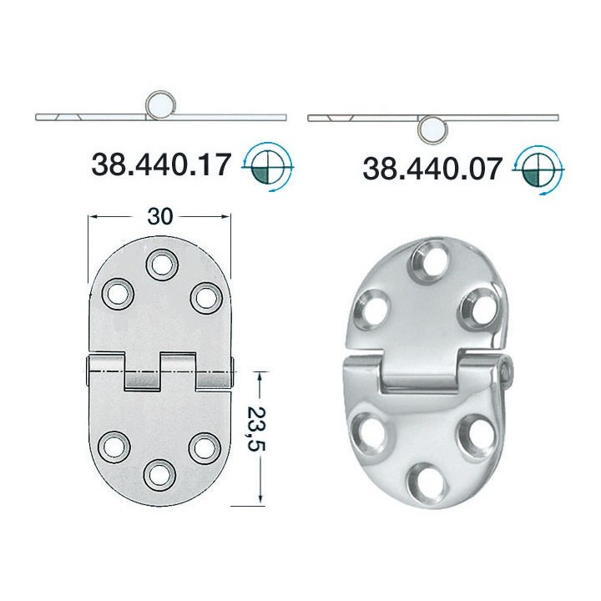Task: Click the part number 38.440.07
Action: point(432,169)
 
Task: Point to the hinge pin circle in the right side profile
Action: point(432,129)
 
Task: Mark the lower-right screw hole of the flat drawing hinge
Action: point(202,446)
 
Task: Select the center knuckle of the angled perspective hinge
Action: point(418,371)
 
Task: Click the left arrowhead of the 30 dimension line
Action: point(92,217)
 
